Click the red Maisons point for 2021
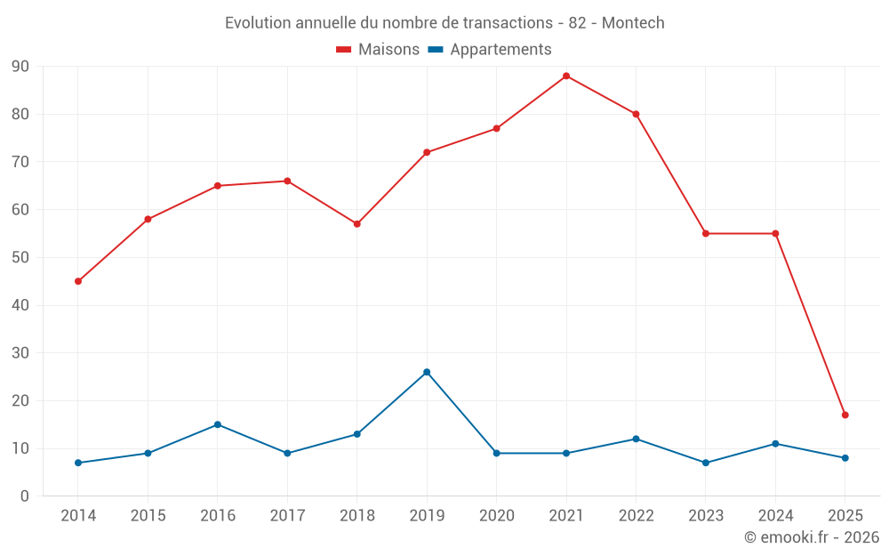click(x=566, y=76)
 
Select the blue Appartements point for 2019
click(x=427, y=372)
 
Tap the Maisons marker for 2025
click(x=845, y=415)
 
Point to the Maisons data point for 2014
click(x=78, y=281)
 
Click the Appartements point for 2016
click(x=218, y=424)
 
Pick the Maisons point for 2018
click(x=357, y=224)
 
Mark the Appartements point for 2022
click(x=636, y=439)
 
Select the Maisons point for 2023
click(x=706, y=233)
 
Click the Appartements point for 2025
click(x=845, y=458)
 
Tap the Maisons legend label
click(x=388, y=50)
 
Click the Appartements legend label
click(x=501, y=50)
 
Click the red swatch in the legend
click(x=344, y=50)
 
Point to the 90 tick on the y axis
click(x=20, y=67)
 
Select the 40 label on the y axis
click(x=20, y=305)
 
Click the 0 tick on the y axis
click(x=25, y=496)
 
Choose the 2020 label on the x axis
click(x=496, y=516)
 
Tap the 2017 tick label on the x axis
click(x=287, y=516)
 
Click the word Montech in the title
click(x=633, y=23)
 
